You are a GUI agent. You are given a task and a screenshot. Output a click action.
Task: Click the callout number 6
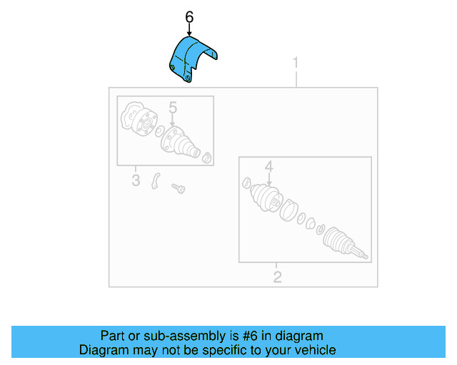[x=189, y=16]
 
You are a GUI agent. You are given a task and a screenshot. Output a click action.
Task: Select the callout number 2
[x=277, y=277]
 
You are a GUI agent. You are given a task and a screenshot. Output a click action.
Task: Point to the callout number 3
[x=136, y=180]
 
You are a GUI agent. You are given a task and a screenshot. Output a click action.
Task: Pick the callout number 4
[x=268, y=167]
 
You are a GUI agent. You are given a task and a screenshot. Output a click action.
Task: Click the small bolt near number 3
[x=178, y=188]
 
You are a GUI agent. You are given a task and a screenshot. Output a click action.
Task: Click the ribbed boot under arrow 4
[x=264, y=199]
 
